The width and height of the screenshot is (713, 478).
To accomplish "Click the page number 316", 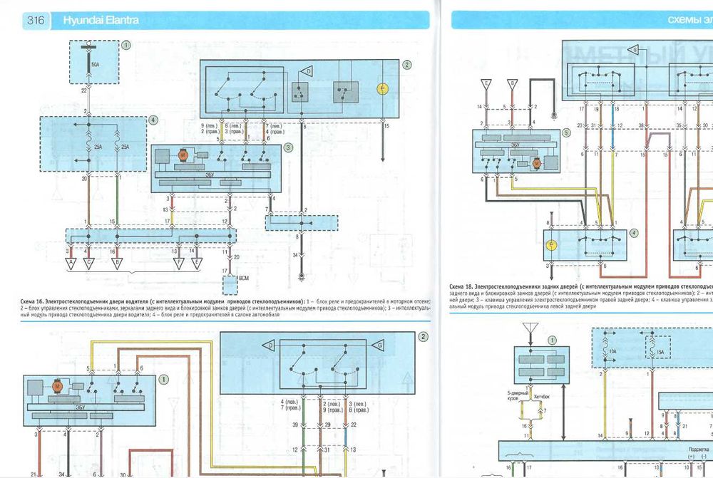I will coord(36,21).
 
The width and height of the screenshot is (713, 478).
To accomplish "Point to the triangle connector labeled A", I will coord(71,261).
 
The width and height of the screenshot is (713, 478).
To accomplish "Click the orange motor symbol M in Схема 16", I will coord(182,155).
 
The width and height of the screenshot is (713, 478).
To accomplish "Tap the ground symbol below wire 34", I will coord(302,275).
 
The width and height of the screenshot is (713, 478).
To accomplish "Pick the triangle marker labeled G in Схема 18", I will coord(632,50).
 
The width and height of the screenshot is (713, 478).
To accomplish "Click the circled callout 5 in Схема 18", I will coord(566,133).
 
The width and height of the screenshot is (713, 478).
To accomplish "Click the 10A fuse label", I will coord(612,351).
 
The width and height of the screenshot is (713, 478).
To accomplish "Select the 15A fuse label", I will coord(661,351).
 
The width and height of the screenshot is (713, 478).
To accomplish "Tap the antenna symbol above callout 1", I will coord(528,328).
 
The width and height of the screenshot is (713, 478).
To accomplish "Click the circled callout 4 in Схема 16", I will coord(153,120).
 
